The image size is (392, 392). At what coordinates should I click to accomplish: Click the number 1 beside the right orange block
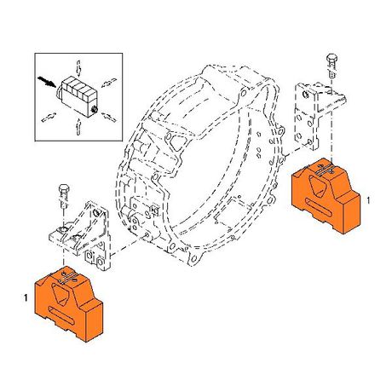(x=368, y=200)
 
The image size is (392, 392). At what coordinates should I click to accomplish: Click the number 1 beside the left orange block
(x=26, y=298)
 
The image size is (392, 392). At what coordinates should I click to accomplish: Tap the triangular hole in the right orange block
(x=317, y=186)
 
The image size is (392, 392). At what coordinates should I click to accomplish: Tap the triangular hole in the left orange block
(x=60, y=294)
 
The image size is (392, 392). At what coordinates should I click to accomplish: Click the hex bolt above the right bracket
(x=331, y=65)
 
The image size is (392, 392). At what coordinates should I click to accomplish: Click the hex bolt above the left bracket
(x=64, y=197)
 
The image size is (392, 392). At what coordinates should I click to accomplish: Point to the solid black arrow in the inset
(x=47, y=81)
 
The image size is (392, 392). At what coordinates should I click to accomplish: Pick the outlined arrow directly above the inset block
(x=78, y=68)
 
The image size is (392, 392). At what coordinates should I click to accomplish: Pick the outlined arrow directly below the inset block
(x=78, y=126)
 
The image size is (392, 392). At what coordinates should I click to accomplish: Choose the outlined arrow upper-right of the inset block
(x=109, y=82)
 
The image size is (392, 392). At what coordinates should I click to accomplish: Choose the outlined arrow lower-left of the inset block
(x=49, y=117)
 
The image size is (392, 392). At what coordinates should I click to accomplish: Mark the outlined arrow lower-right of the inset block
(x=110, y=117)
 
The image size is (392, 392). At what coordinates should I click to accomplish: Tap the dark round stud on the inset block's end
(x=95, y=108)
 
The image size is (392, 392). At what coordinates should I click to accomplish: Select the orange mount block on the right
(x=326, y=196)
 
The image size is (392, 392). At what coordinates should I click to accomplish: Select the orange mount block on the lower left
(x=68, y=304)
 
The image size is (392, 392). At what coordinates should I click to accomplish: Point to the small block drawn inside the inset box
(x=78, y=96)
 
